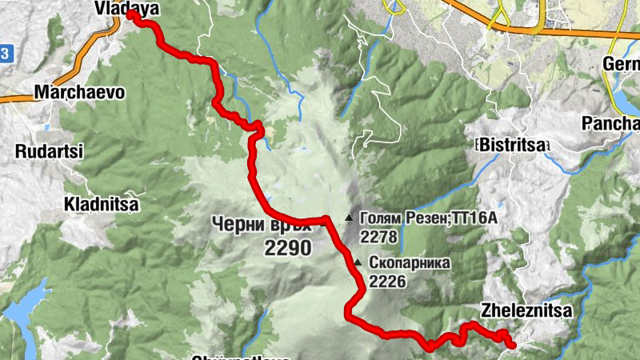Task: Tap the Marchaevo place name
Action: point(79,92)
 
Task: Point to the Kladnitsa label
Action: point(102,205)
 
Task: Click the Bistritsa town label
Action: point(512,145)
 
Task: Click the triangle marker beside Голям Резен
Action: point(348,218)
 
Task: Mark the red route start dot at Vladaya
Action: point(131,15)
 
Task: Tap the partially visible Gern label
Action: point(622,64)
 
